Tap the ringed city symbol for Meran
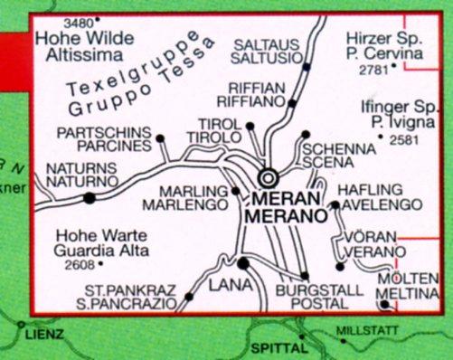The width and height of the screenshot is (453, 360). (x=269, y=177)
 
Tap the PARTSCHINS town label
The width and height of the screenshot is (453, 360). (x=102, y=130)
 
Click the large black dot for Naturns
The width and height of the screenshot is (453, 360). (x=89, y=198)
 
